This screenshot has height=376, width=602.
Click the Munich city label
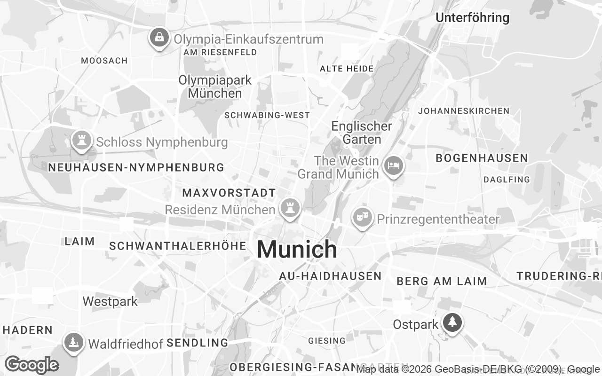tap(297, 249)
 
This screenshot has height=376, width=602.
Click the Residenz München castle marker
tap(290, 207)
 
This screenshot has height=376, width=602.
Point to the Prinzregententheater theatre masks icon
tap(362, 218)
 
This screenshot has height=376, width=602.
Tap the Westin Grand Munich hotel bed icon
tap(393, 166)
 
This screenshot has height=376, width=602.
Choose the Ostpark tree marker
tap(452, 322)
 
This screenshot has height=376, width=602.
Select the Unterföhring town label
tap(472, 18)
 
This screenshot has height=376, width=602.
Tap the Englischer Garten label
tap(361, 133)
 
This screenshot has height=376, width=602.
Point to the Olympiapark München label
tap(215, 86)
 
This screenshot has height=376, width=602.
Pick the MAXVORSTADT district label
tap(229, 193)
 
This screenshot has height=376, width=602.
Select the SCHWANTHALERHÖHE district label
tap(178, 246)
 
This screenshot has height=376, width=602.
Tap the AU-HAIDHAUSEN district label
tap(330, 276)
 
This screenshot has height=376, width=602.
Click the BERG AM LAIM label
tap(442, 281)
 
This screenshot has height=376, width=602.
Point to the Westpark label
tap(110, 301)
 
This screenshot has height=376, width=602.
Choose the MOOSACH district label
tap(104, 61)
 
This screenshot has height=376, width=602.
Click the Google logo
tap(32, 365)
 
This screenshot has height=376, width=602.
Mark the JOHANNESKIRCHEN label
tap(463, 111)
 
